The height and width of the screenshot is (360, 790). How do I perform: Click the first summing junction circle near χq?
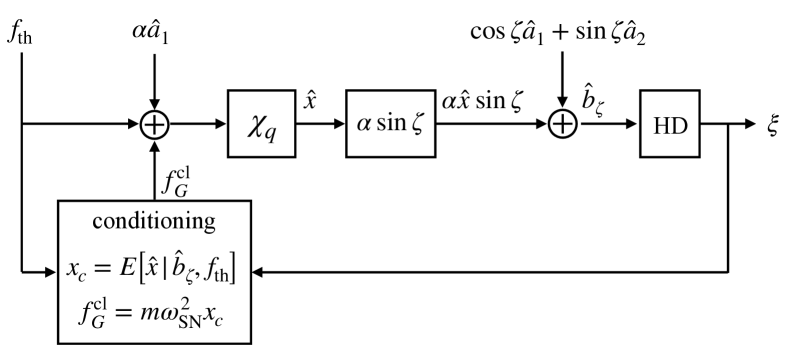pos(154,125)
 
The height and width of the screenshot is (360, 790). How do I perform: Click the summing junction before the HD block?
pos(564,125)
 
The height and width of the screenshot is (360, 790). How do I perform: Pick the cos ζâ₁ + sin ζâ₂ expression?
pos(564,31)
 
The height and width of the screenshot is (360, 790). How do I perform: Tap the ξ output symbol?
pos(772,125)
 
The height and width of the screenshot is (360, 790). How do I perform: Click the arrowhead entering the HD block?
pos(633,126)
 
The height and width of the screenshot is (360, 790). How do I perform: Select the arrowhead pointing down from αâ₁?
pos(154,105)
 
